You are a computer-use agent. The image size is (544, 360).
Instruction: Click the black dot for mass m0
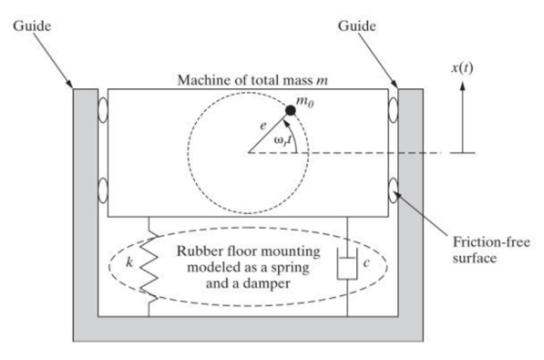click(x=290, y=110)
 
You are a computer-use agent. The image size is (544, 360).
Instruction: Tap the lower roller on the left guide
click(x=103, y=195)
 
